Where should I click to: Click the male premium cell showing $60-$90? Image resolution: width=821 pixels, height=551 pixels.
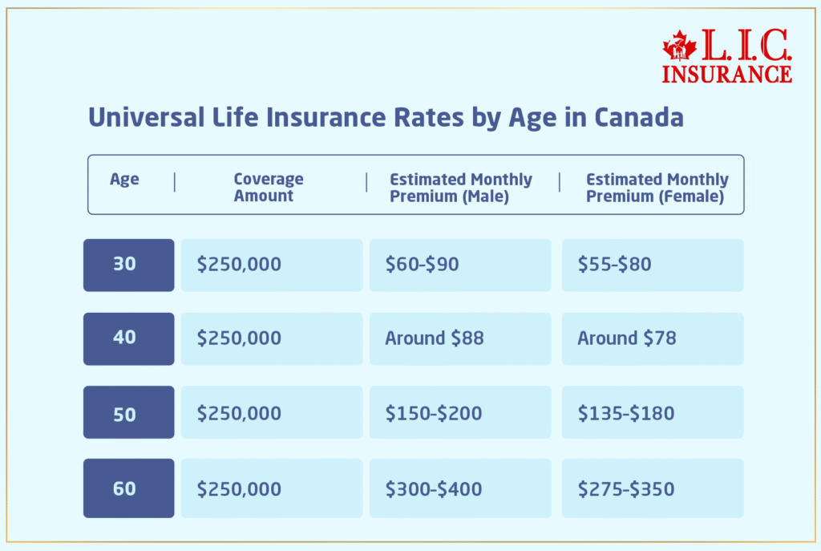pyautogui.click(x=459, y=265)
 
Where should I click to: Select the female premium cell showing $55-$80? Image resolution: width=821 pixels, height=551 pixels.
pyautogui.click(x=652, y=265)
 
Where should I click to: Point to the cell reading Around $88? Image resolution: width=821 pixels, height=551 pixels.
pyautogui.click(x=459, y=338)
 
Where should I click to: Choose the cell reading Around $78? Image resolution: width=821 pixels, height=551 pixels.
pyautogui.click(x=652, y=338)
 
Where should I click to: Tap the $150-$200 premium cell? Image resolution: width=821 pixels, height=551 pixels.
pyautogui.click(x=459, y=412)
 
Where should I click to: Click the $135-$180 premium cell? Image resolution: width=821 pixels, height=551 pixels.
pyautogui.click(x=652, y=412)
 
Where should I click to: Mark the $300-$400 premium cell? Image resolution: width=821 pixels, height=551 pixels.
pyautogui.click(x=459, y=488)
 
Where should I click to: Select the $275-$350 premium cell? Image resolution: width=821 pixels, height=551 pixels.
pyautogui.click(x=652, y=488)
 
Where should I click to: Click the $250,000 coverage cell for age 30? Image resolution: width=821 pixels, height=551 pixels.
pyautogui.click(x=271, y=265)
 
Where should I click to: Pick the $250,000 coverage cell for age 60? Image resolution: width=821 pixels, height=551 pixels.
pyautogui.click(x=271, y=488)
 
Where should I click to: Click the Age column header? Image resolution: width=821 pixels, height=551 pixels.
pyautogui.click(x=124, y=180)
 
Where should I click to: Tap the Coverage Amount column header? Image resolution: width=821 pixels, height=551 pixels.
pyautogui.click(x=268, y=188)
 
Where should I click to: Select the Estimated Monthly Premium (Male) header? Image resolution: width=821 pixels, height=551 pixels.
pyautogui.click(x=460, y=188)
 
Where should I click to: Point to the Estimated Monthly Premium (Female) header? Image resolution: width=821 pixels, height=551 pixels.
pyautogui.click(x=657, y=188)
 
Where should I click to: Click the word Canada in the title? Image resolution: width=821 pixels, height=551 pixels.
pyautogui.click(x=638, y=118)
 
